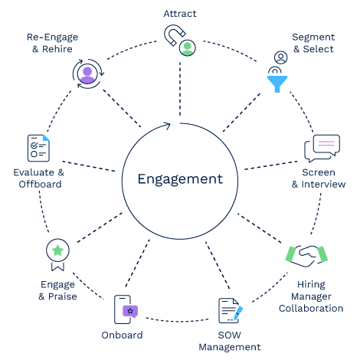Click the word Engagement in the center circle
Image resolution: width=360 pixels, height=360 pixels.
[x=180, y=179]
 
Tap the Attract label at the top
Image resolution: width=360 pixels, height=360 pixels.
[x=180, y=13]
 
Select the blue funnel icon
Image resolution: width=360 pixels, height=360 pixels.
[x=276, y=81]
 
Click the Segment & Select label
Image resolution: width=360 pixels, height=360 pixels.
[x=313, y=43]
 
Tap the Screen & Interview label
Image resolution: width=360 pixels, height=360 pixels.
[x=318, y=178]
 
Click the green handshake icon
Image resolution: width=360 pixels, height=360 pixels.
[x=306, y=254]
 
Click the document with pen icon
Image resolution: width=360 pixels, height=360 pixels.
[x=230, y=311]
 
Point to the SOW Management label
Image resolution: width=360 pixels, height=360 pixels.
[x=229, y=341]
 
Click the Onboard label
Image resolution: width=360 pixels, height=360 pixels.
[x=122, y=335]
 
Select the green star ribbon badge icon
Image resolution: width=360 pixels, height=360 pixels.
[x=57, y=250]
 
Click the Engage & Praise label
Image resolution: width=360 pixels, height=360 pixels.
[x=57, y=290]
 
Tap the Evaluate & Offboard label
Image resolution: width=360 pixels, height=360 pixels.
[x=38, y=178]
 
